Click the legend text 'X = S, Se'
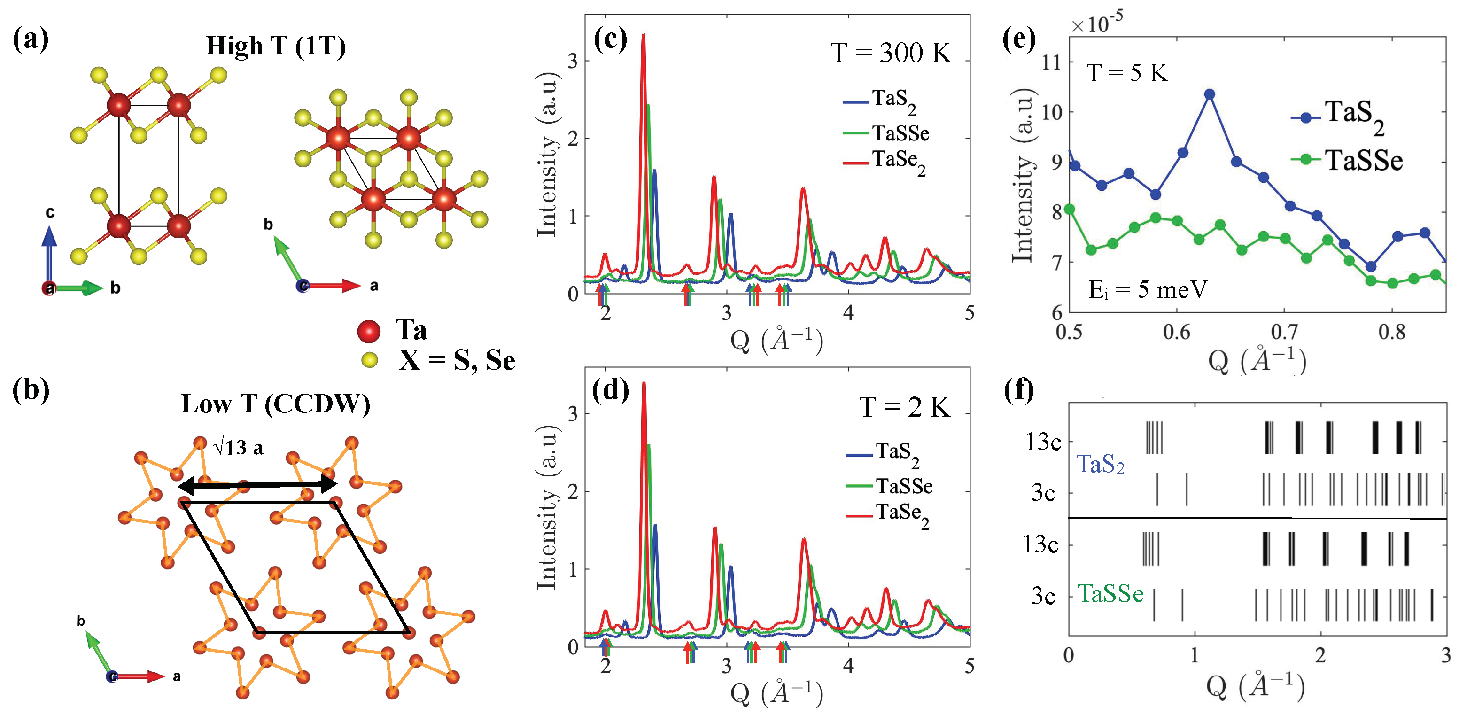coord(457,361)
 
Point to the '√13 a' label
coord(238,448)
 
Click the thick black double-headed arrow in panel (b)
coord(258,485)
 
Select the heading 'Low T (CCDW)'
coord(275,404)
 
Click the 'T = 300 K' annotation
coord(892,53)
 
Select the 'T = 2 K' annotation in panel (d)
coord(905,407)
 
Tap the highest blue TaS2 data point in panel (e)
coord(1210,94)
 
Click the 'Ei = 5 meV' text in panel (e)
coord(1148,290)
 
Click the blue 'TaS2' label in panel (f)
coord(1100,465)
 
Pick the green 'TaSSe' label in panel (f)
coord(1110,594)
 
